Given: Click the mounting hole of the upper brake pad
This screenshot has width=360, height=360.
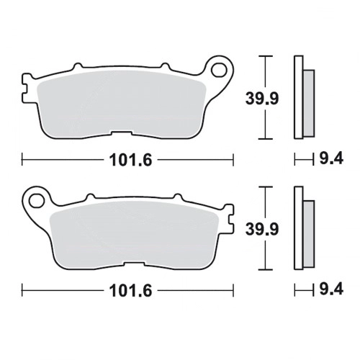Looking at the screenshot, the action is (x=219, y=70).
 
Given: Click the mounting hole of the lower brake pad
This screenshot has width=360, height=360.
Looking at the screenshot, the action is (x=37, y=201).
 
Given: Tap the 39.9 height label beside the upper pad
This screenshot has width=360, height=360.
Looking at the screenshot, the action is (x=262, y=99).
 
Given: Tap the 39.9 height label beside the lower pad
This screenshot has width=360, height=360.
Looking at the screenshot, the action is (x=262, y=229).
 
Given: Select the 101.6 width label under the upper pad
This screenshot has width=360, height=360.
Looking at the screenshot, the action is (x=131, y=160).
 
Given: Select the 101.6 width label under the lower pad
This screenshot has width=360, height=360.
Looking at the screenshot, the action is (x=131, y=290).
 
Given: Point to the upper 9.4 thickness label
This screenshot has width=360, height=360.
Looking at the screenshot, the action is (x=331, y=158).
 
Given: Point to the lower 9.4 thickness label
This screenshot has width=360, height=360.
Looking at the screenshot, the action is (x=331, y=289).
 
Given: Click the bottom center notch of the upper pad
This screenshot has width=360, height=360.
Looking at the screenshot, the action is (x=121, y=133).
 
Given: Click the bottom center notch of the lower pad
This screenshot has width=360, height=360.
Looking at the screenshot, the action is (x=135, y=264).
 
